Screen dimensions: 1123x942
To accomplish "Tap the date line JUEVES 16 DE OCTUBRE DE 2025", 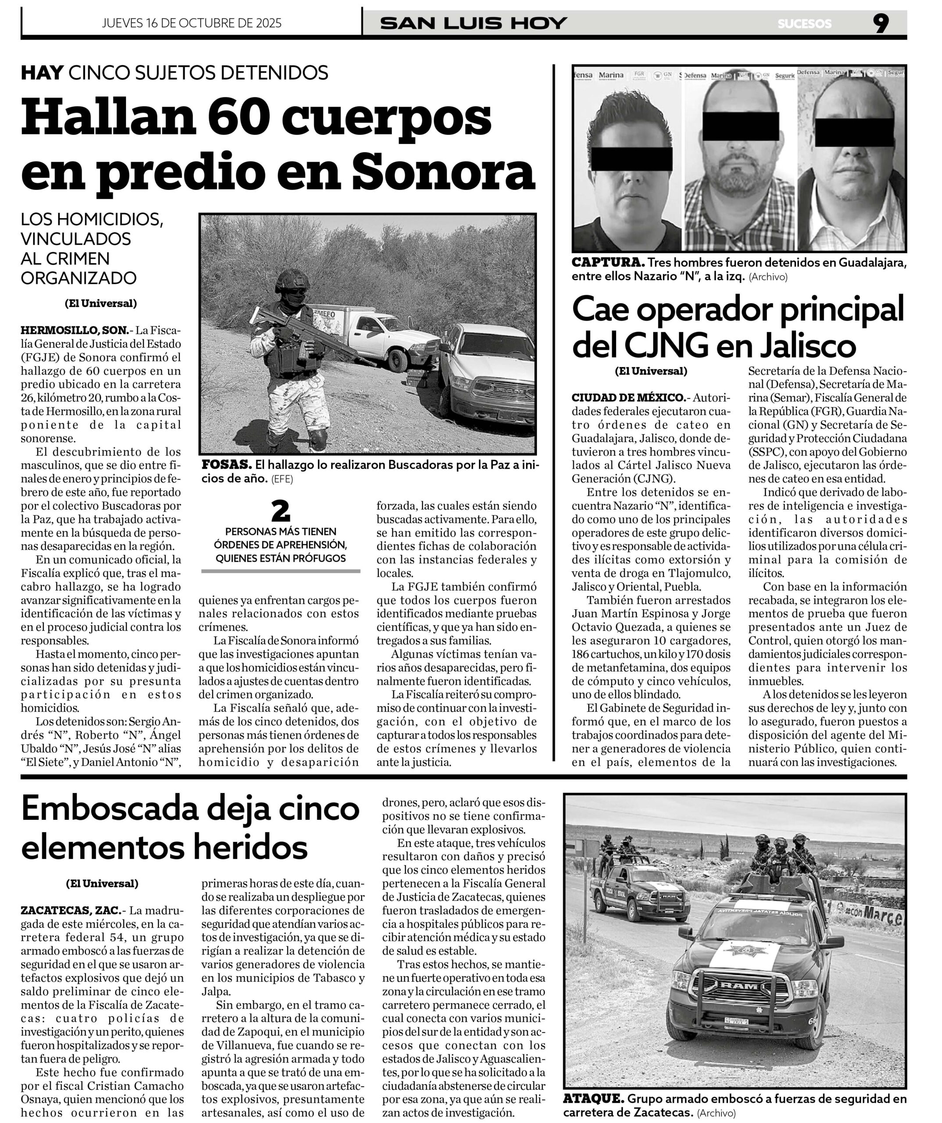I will pos(191,23).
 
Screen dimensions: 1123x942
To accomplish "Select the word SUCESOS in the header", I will pos(805,24).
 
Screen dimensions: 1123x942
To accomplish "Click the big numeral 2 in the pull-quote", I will pos(280,512).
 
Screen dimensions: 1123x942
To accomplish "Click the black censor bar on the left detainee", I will pos(632,159).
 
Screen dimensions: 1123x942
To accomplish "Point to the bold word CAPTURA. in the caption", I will pos(608,263).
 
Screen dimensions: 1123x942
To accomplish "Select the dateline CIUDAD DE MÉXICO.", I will pos(629,398).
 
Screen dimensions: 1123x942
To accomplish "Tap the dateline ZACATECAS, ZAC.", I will pos(71,910).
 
